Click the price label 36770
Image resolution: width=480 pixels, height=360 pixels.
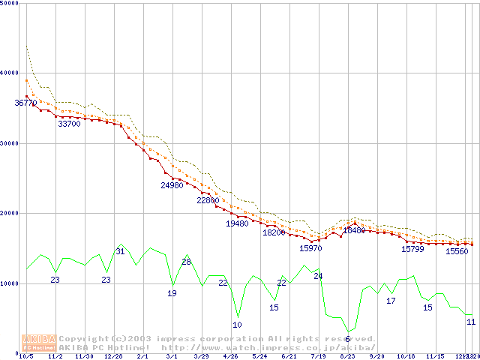click(25, 103)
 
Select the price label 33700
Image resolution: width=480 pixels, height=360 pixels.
click(69, 124)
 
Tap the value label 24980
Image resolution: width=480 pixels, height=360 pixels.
click(172, 185)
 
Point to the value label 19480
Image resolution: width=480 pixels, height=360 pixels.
click(237, 223)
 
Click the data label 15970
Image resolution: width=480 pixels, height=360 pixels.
click(310, 248)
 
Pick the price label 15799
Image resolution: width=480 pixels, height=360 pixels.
click(412, 249)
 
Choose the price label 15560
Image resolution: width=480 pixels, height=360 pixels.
click(457, 252)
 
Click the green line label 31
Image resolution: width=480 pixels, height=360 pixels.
click(120, 251)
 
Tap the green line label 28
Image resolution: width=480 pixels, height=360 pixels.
click(187, 262)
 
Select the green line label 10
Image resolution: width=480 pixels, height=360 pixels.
click(237, 325)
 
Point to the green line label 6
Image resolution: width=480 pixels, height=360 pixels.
click(347, 340)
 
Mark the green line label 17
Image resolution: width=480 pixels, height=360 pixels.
click(391, 301)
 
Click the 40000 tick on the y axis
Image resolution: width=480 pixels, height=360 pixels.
click(10, 73)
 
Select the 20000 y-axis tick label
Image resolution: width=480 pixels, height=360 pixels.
click(10, 213)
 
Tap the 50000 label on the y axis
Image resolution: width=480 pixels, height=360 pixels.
click(10, 3)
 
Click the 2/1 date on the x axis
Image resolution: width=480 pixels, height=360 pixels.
click(142, 356)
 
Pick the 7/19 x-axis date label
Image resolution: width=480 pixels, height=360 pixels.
click(318, 356)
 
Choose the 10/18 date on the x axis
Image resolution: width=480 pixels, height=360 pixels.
click(406, 356)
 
